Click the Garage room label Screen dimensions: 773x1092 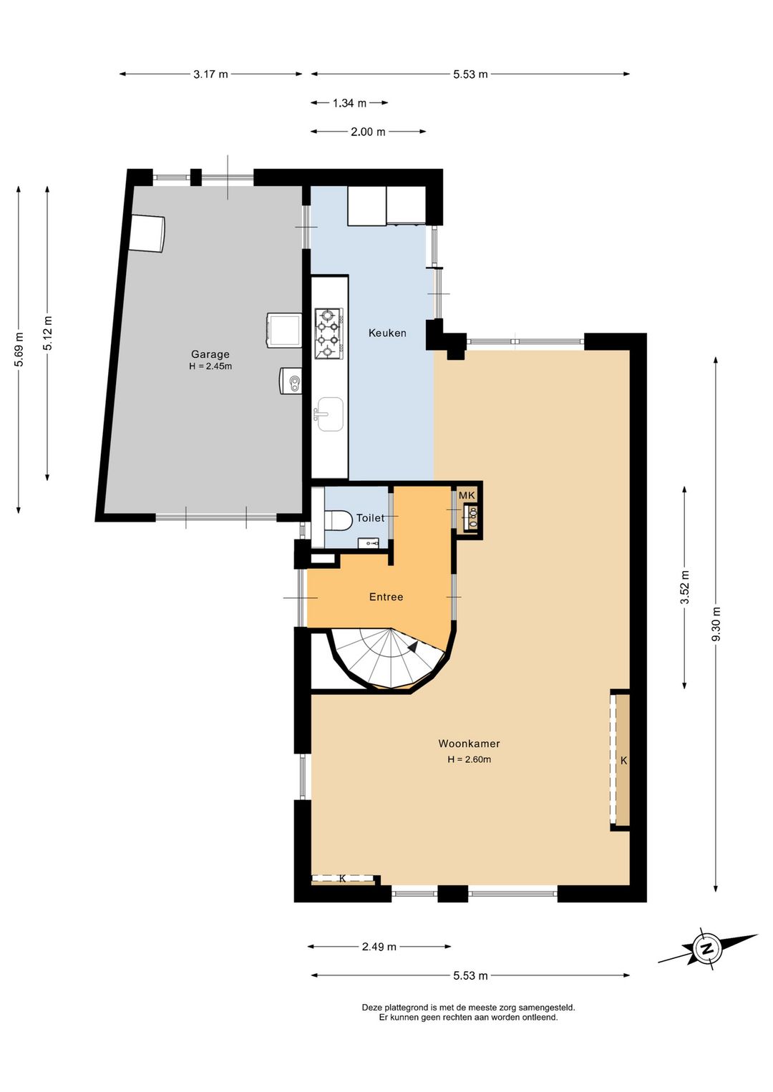pyautogui.click(x=210, y=354)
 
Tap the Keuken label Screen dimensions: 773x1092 pyautogui.click(x=387, y=333)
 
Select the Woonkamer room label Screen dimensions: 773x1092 pyautogui.click(x=469, y=744)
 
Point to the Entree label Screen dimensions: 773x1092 pyautogui.click(x=386, y=597)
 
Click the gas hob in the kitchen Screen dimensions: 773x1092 pyautogui.click(x=329, y=333)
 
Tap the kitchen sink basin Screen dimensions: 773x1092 pyautogui.click(x=330, y=414)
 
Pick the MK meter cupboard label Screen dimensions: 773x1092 pyautogui.click(x=467, y=495)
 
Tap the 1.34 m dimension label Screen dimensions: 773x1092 pyautogui.click(x=349, y=103)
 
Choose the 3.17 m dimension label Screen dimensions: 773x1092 pyautogui.click(x=210, y=74)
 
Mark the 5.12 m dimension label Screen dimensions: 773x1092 pyautogui.click(x=47, y=333)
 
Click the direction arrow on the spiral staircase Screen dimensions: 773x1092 pyautogui.click(x=413, y=647)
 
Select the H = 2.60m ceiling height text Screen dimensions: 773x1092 pyautogui.click(x=469, y=759)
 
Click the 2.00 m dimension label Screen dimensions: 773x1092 pyautogui.click(x=368, y=132)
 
